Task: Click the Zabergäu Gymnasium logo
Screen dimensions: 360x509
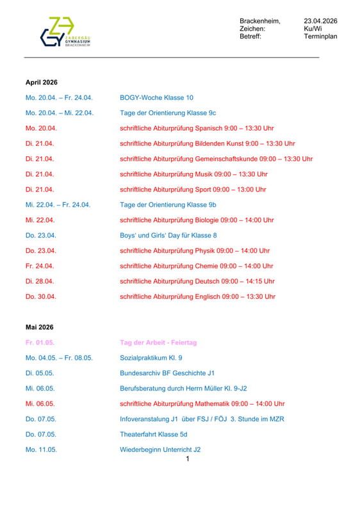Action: click(65, 32)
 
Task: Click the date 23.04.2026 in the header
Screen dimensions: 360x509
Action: click(320, 21)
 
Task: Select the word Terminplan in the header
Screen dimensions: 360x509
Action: click(320, 36)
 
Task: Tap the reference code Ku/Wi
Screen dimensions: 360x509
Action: click(313, 29)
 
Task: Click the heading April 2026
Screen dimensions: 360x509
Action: click(42, 83)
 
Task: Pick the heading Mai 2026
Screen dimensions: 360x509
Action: click(40, 327)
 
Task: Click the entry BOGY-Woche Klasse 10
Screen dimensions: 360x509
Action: click(156, 98)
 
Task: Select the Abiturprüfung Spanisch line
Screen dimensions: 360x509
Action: click(197, 128)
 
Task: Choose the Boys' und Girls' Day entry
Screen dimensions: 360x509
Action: click(168, 236)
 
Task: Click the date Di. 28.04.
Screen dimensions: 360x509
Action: click(40, 281)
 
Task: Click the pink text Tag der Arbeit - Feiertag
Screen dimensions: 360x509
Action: click(158, 343)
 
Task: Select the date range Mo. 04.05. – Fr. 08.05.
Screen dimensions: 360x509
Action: click(59, 358)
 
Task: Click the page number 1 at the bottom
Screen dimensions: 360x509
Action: click(187, 458)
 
